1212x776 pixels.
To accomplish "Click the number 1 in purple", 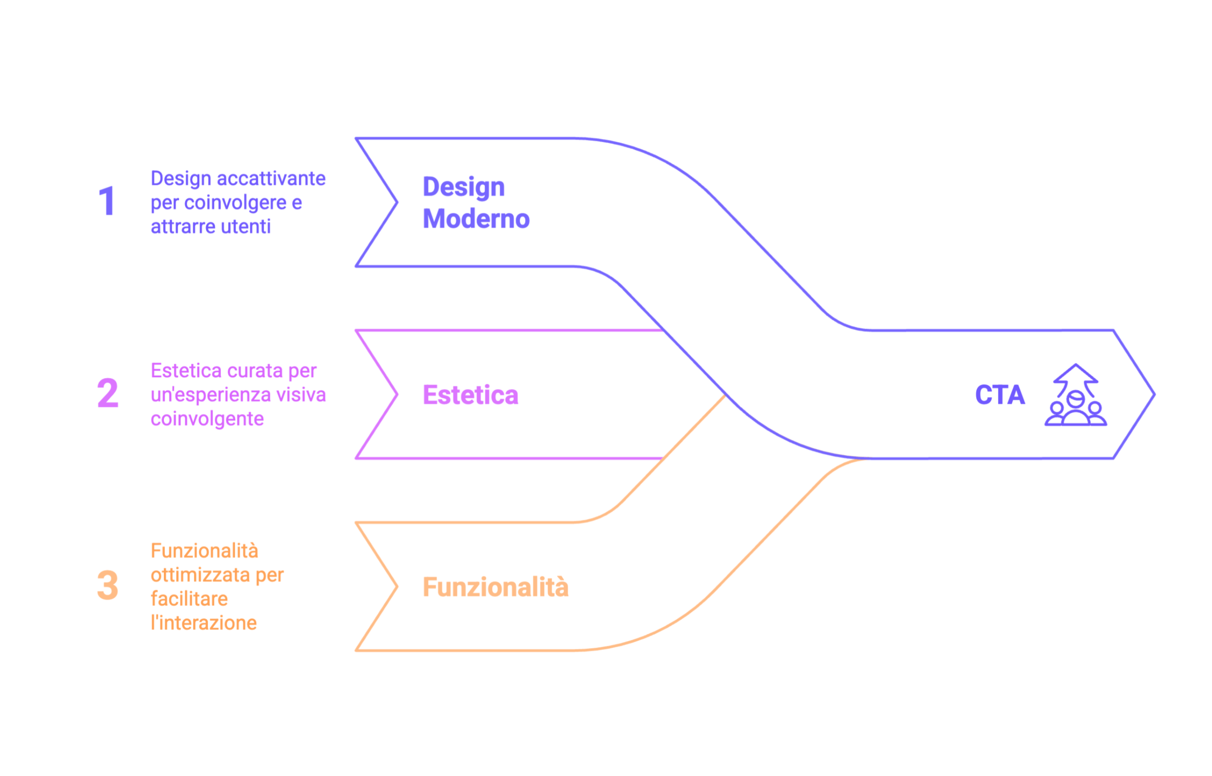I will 107,201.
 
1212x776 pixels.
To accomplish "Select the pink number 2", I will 108,393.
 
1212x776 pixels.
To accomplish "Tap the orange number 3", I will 108,585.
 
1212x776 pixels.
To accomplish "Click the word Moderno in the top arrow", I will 476,219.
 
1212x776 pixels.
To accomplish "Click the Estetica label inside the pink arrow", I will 470,395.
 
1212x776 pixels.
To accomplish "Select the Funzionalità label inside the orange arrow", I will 496,587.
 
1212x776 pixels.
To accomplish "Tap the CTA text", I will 1000,395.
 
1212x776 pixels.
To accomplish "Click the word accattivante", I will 271,179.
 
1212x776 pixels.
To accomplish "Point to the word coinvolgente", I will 207,419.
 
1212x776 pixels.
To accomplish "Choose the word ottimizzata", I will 200,575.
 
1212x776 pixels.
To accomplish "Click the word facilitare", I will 189,599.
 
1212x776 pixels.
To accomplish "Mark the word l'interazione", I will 204,623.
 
